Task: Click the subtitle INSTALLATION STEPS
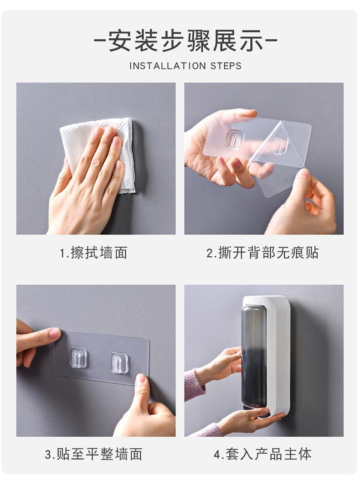point(185,66)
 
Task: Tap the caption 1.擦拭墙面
point(93,252)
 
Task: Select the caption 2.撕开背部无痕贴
point(263,252)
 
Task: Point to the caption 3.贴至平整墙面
point(93,454)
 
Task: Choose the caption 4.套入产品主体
point(263,454)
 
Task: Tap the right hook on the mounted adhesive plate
point(119,362)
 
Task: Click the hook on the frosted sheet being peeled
point(235,139)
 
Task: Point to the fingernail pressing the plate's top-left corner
point(55,333)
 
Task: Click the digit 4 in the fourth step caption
point(217,454)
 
